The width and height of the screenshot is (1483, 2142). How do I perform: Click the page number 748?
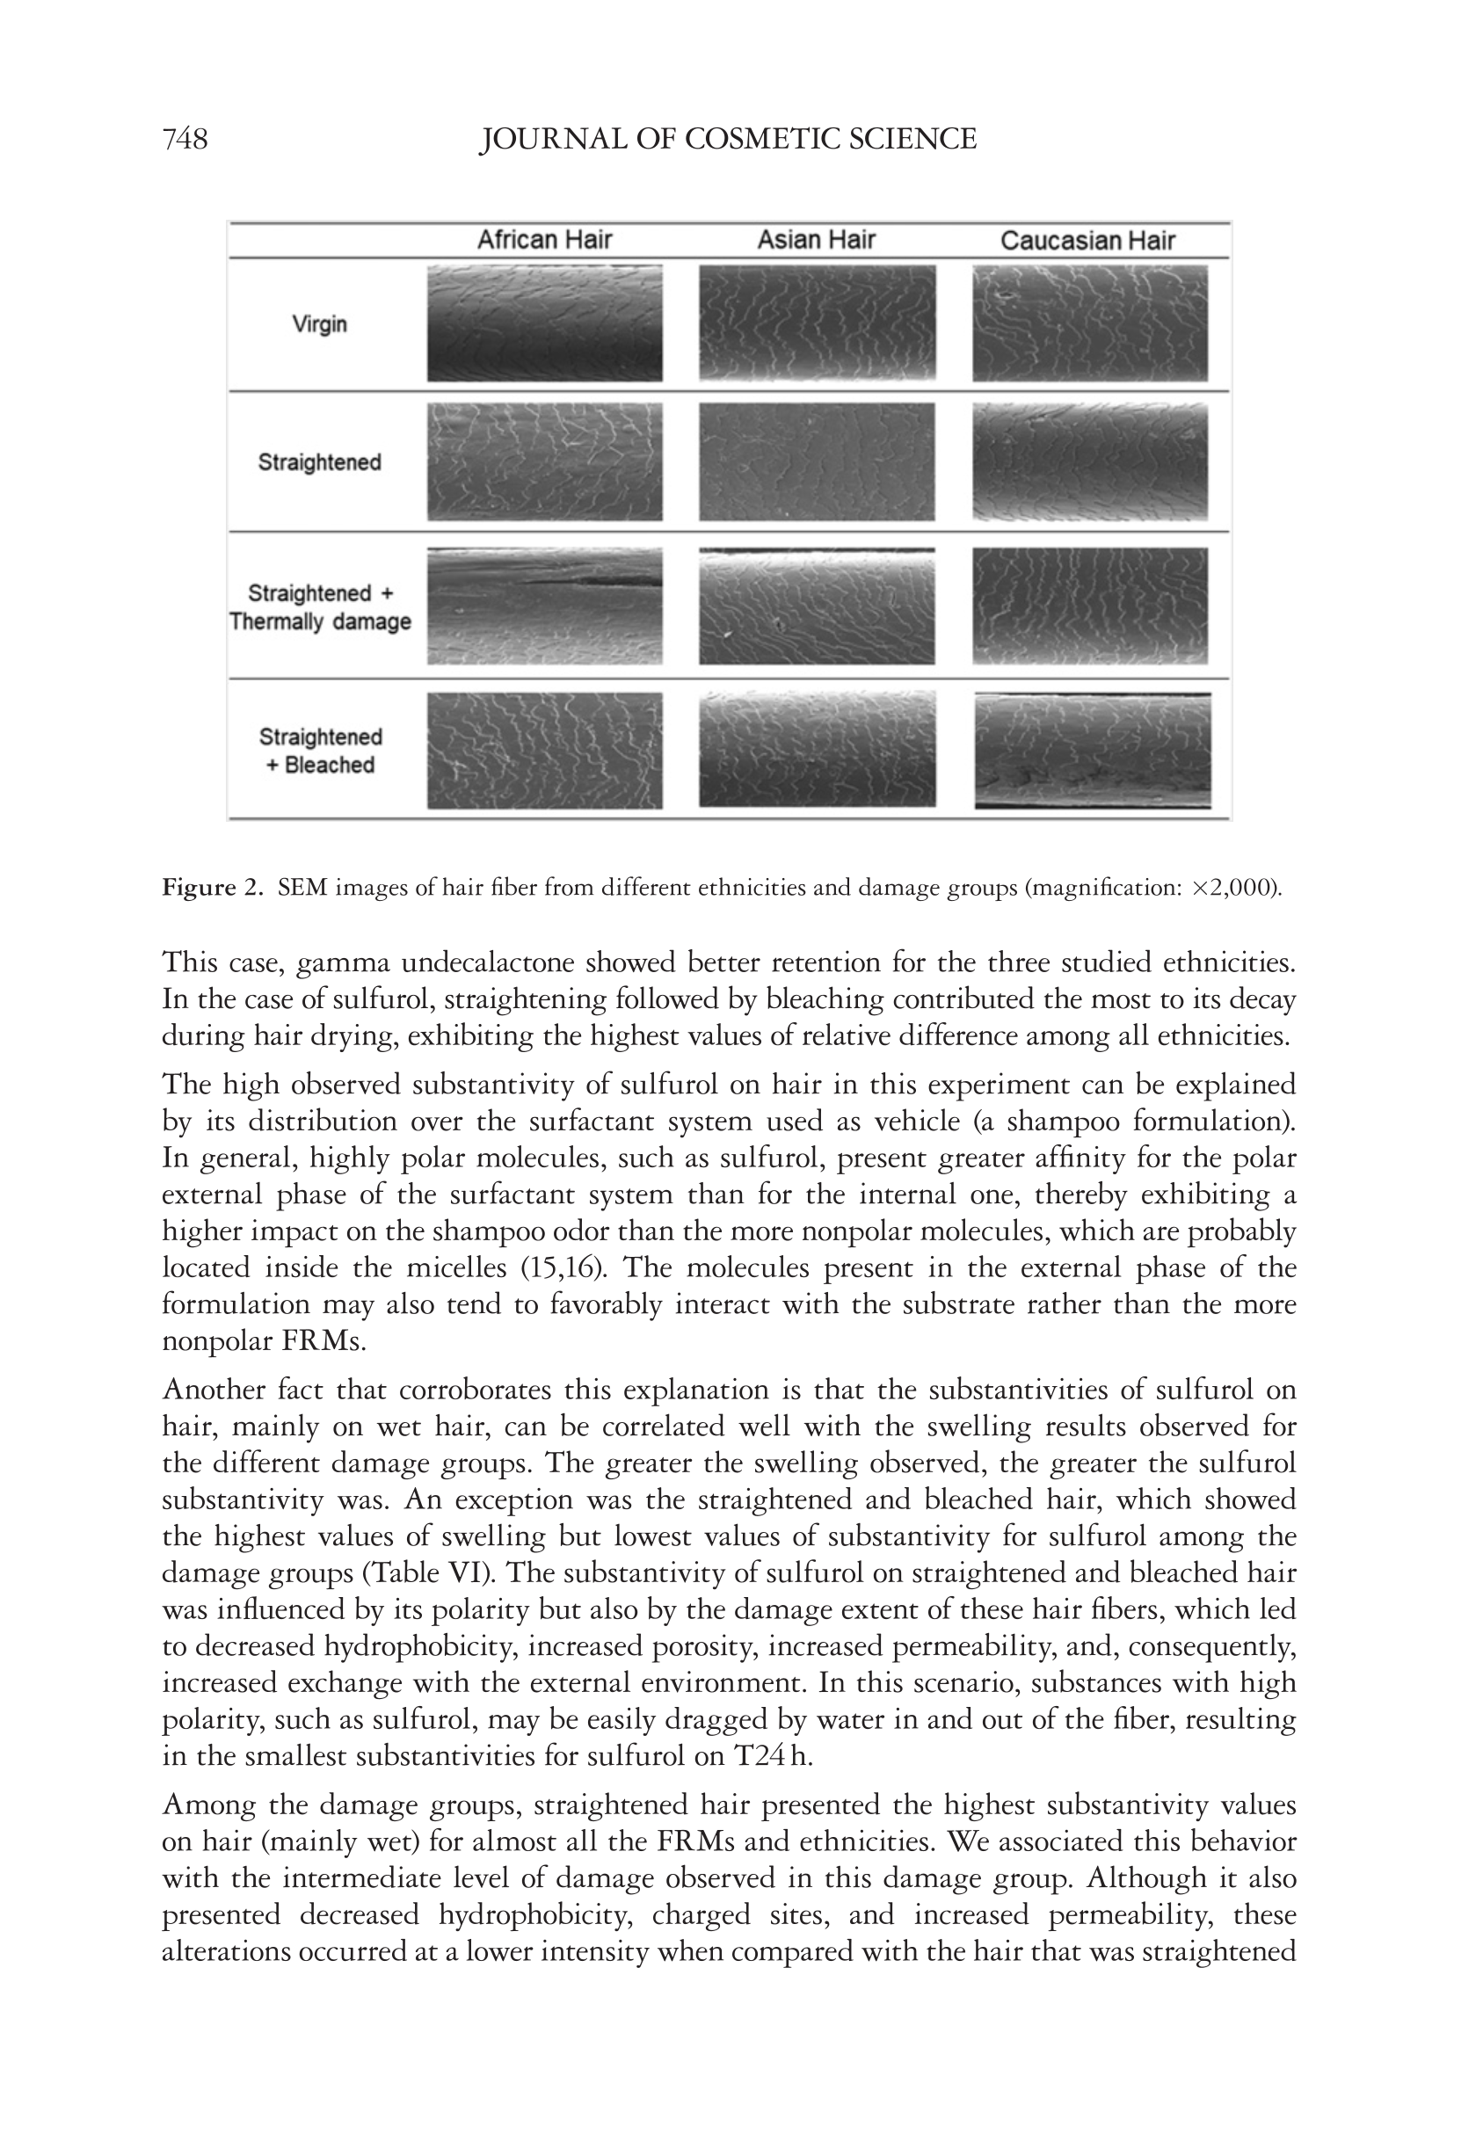[x=185, y=140]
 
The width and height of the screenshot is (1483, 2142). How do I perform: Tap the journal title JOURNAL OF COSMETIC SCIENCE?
[x=728, y=140]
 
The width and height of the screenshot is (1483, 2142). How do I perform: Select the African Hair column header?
[x=544, y=241]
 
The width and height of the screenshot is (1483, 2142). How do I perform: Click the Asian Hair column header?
[x=816, y=241]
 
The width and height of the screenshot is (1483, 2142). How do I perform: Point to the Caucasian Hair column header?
[x=1087, y=242]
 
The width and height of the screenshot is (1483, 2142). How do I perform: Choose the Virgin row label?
[x=320, y=324]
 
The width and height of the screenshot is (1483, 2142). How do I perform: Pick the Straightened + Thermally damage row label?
[x=320, y=607]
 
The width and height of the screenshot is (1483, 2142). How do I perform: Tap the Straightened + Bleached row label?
[x=320, y=751]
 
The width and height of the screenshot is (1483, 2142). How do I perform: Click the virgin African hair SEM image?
[x=544, y=323]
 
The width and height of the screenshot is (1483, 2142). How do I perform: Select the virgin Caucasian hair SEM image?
[x=1090, y=323]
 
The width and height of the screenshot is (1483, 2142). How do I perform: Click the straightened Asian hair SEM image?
[x=817, y=461]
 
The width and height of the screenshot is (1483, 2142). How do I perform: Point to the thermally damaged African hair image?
[x=544, y=606]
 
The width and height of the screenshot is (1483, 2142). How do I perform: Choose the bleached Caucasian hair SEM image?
[x=1092, y=751]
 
